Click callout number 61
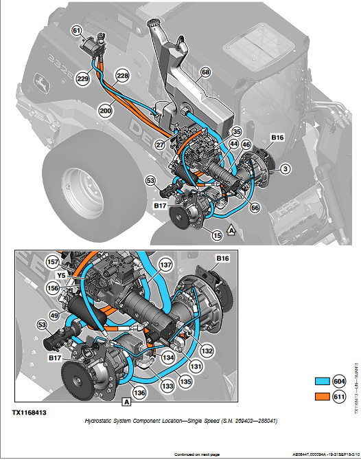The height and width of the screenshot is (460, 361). coord(76,30)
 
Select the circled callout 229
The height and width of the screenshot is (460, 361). coord(83,80)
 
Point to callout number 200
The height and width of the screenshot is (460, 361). coord(106,109)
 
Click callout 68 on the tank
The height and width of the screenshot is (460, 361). coord(205,72)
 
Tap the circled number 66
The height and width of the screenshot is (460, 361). coord(255,206)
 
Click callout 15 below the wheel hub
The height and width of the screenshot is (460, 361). coord(216,235)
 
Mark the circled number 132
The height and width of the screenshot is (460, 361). coord(206,351)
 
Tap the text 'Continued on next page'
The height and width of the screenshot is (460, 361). coord(197,454)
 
